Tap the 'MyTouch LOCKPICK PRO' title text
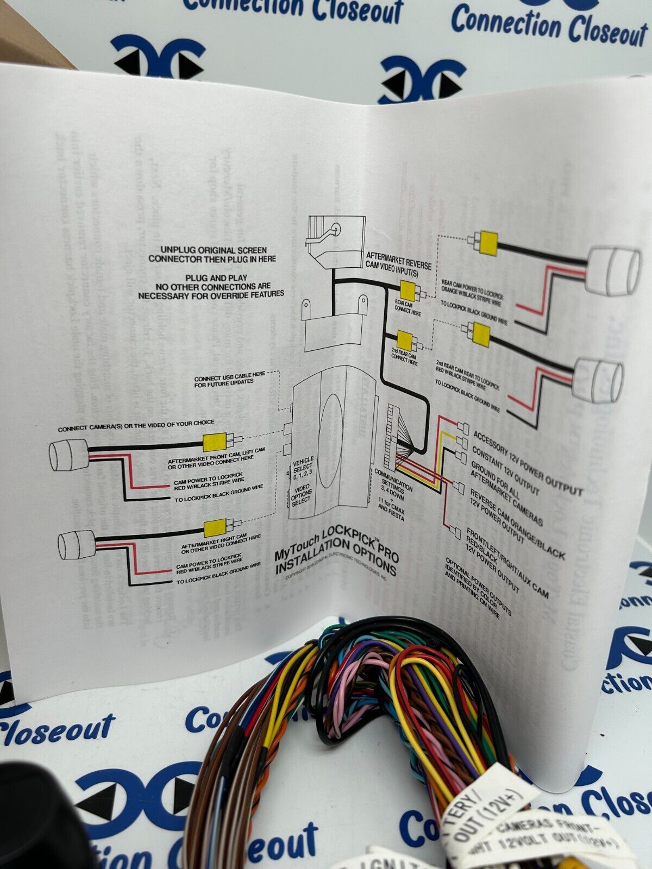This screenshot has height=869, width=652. [x=336, y=551]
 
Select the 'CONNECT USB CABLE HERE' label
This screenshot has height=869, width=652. [x=230, y=379]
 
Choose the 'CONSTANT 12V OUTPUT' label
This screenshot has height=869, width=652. [x=505, y=471]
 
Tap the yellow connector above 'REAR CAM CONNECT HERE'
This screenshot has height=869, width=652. [x=408, y=289]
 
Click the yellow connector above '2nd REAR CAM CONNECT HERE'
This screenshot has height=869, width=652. [x=404, y=340]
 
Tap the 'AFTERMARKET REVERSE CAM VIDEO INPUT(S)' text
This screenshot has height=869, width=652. [x=398, y=260]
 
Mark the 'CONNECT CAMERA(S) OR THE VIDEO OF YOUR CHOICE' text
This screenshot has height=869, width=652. [x=136, y=425]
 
